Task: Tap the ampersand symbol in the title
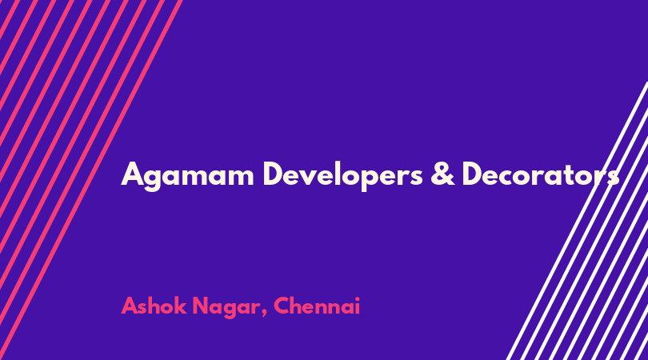tap(442, 174)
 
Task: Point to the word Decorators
tap(541, 174)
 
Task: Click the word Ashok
tap(154, 306)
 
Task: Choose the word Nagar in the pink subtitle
tap(226, 307)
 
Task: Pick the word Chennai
tap(317, 306)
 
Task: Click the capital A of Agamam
tap(133, 174)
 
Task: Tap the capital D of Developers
tap(274, 174)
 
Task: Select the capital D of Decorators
tap(474, 174)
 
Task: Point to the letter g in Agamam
tap(154, 179)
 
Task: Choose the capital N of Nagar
tap(202, 306)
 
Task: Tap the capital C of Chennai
tap(282, 306)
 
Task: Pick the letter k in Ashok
tap(181, 306)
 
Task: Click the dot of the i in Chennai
tap(357, 298)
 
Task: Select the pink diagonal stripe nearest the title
tap(91, 180)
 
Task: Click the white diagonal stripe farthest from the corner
tap(577, 221)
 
